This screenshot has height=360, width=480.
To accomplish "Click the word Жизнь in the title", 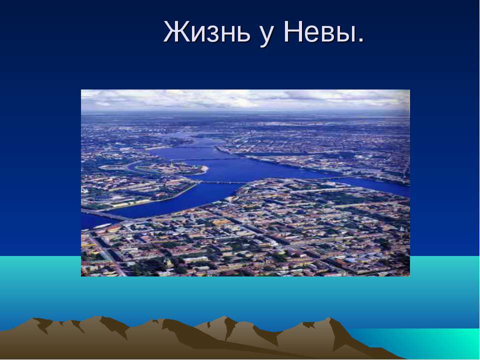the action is point(207,32).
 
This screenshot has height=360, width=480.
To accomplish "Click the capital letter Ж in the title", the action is point(175,32).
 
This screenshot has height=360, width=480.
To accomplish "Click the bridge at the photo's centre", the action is point(223,182).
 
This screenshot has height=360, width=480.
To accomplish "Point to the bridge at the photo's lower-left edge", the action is point(103,214).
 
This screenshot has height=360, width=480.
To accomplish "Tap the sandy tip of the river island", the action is point(205,168).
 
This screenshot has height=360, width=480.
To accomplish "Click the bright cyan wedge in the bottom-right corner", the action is point(428,343).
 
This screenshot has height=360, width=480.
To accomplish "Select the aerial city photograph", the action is point(245,183).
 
